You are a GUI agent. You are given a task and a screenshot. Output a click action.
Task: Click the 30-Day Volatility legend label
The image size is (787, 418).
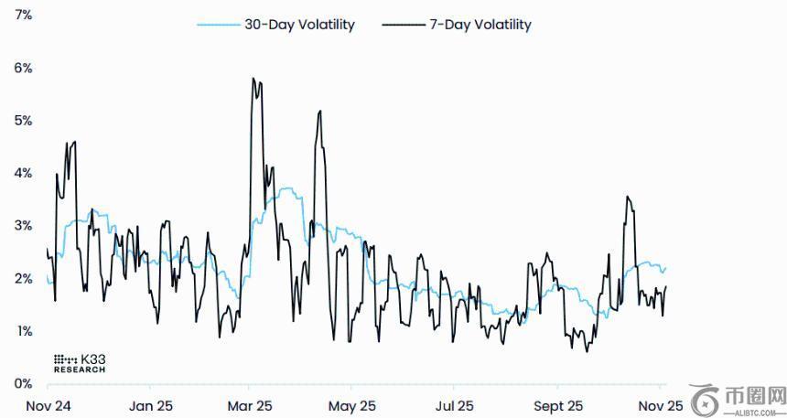[298, 25]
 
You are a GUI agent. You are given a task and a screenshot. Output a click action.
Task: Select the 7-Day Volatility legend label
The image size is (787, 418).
[480, 25]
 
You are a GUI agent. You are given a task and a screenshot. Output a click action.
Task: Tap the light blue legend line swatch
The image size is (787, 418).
[218, 25]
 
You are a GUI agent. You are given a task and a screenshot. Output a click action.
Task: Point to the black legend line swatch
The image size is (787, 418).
[403, 25]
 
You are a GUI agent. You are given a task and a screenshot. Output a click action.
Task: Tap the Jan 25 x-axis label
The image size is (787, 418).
[151, 405]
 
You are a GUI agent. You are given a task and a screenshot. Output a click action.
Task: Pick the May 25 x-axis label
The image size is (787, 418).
[352, 405]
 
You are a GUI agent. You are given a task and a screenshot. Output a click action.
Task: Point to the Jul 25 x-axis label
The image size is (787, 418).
[454, 405]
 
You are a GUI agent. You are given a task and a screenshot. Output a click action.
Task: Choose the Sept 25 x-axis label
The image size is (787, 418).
[557, 405]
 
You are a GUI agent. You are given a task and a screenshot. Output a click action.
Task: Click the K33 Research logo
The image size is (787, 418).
[80, 362]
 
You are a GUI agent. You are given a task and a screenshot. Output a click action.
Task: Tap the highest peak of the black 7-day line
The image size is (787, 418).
[253, 79]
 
